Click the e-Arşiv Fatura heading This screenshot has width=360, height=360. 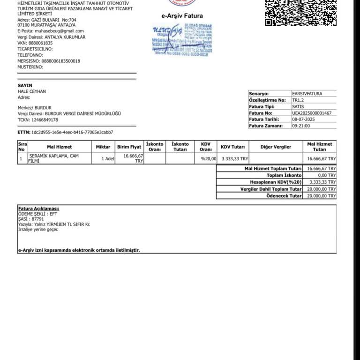[x=182, y=16]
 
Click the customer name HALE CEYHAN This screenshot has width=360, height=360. [x=32, y=91]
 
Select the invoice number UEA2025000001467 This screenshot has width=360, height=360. [x=312, y=113]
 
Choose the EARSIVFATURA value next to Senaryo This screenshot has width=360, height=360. [x=307, y=94]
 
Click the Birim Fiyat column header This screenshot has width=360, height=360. [x=129, y=147]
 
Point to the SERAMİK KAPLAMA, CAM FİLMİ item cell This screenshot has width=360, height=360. [x=54, y=158]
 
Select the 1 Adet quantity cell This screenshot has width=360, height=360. [x=108, y=159]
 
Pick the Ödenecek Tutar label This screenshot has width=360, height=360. [x=284, y=196]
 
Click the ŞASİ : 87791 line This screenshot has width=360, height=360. [x=31, y=219]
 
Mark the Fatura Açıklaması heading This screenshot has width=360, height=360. [x=38, y=208]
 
